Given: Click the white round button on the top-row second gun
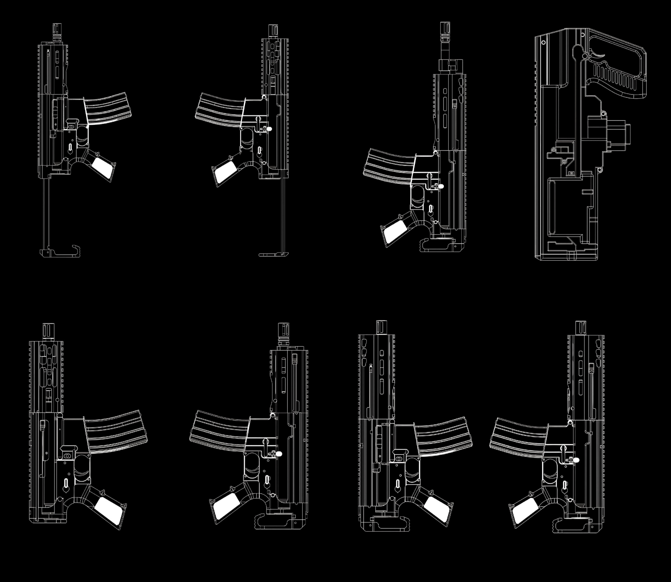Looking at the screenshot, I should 269,129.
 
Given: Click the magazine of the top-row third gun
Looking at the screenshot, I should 388,166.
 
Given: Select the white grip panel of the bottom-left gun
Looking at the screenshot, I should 110,509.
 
